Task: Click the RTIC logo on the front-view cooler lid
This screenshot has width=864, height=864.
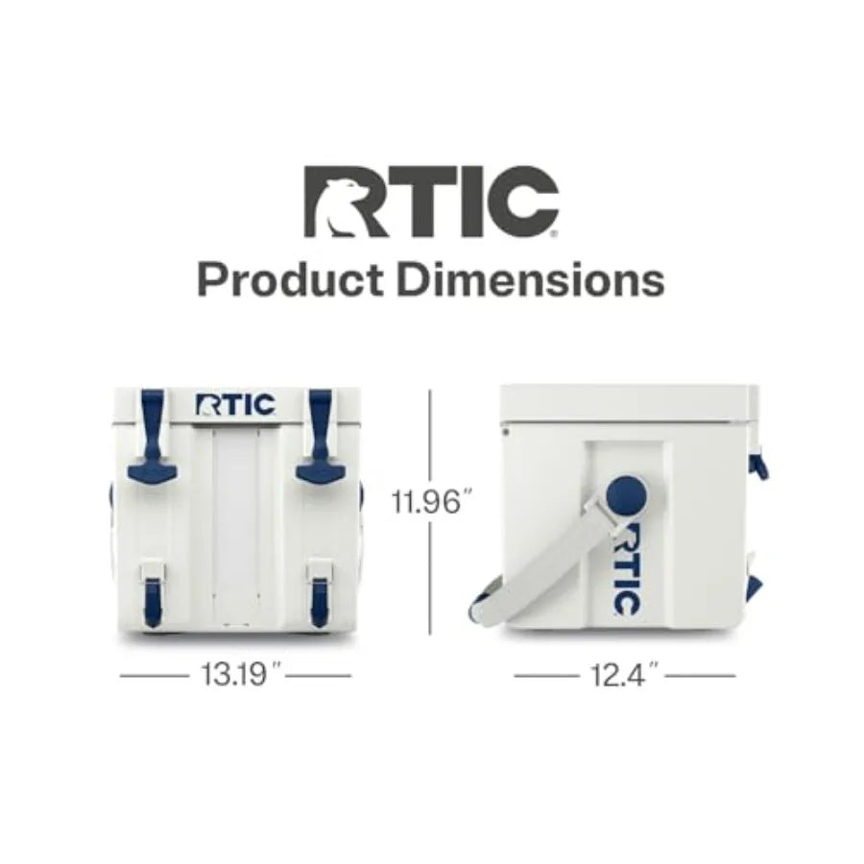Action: (235, 404)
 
